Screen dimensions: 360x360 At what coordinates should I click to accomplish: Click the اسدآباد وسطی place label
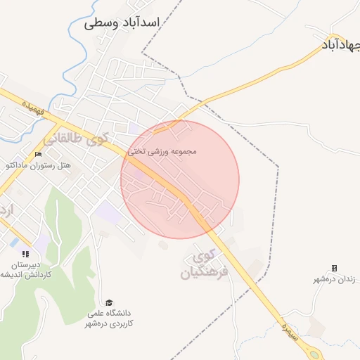(x=122, y=22)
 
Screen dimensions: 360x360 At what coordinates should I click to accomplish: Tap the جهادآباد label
(x=341, y=44)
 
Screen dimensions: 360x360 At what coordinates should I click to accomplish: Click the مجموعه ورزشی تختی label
(x=162, y=151)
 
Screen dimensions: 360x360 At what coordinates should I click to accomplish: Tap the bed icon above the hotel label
(x=38, y=155)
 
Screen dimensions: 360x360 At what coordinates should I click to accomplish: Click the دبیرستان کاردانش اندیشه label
(x=26, y=270)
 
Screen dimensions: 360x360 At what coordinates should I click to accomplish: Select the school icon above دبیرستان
(x=26, y=254)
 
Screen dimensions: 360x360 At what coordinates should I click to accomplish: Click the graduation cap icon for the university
(x=109, y=302)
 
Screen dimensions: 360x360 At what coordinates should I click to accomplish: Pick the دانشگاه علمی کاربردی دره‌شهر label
(x=110, y=318)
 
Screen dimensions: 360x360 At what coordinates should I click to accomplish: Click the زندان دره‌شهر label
(x=335, y=279)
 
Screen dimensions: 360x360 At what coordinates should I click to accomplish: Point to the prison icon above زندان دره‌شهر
(x=334, y=268)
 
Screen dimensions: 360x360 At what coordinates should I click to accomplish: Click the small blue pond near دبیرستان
(x=14, y=242)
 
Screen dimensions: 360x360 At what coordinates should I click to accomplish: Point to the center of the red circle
(x=180, y=180)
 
